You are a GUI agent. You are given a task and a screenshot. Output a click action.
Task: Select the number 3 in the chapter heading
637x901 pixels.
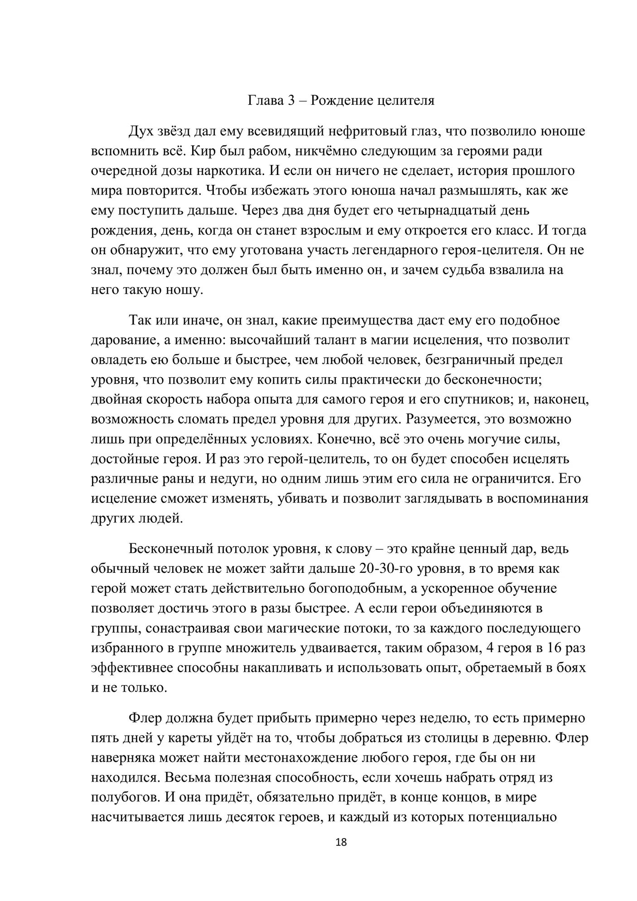coord(291,100)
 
